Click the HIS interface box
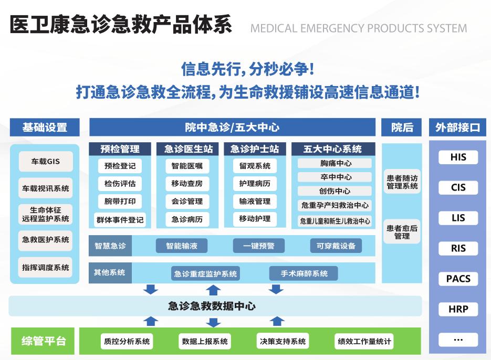point(458,157)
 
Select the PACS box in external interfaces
point(458,279)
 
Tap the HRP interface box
point(458,309)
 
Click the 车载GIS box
point(46,162)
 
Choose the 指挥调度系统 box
point(46,267)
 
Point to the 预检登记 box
point(120,166)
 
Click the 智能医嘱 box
point(187,166)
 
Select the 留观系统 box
point(255,166)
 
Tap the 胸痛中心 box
point(335,163)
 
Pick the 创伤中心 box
point(335,191)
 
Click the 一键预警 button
point(258,245)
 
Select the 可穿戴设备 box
point(336,245)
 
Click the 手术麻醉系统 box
point(304,273)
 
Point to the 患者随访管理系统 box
point(402,182)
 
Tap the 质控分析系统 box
point(127,341)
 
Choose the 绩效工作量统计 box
point(364,341)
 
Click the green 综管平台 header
point(44,341)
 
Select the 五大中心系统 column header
point(332,149)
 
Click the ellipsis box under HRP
point(458,340)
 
